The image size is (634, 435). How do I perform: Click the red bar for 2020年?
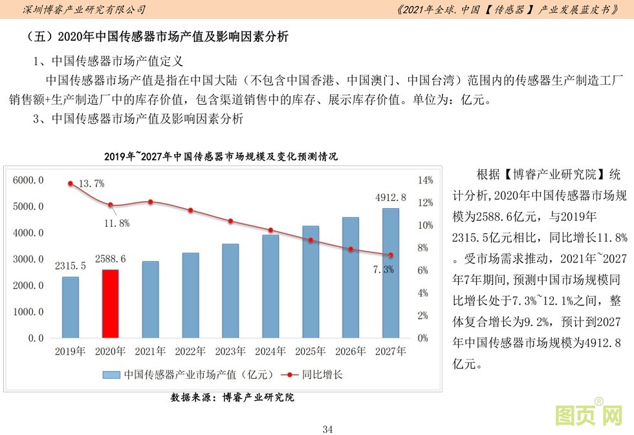tap(111, 303)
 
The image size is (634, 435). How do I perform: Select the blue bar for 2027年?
tap(390, 273)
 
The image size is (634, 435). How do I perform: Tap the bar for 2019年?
tap(71, 307)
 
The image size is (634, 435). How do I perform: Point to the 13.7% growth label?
tap(91, 184)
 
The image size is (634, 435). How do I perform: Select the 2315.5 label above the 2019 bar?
tap(70, 266)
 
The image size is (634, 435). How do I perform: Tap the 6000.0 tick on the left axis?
tap(28, 180)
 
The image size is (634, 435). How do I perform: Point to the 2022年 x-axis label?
tap(191, 352)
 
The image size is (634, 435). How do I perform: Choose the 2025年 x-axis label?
tap(311, 352)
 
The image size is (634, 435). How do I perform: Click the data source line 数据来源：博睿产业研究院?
tap(232, 397)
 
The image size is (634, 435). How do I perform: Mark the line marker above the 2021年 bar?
tap(151, 202)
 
